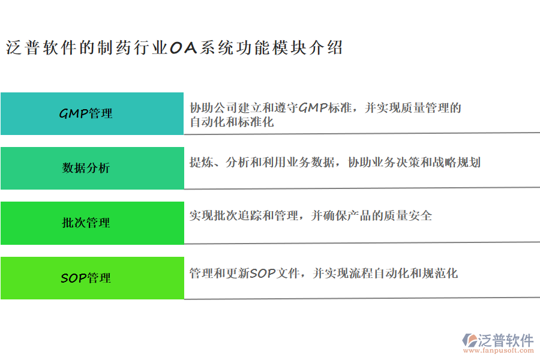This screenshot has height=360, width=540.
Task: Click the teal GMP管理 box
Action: click(x=92, y=113)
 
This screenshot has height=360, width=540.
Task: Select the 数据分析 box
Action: click(x=92, y=168)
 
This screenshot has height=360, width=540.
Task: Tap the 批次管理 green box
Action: click(x=92, y=223)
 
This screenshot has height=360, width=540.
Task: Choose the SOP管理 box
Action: click(x=92, y=278)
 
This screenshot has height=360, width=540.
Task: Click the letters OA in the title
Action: click(x=183, y=49)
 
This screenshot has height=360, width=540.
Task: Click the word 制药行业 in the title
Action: click(x=133, y=49)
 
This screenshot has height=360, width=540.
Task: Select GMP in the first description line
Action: click(x=313, y=108)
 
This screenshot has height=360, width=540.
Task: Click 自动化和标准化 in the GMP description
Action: click(x=232, y=122)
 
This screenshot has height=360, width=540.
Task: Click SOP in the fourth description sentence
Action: click(x=262, y=274)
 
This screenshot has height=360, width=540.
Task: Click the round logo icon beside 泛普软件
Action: click(x=469, y=341)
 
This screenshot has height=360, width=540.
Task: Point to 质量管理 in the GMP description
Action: click(x=423, y=108)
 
